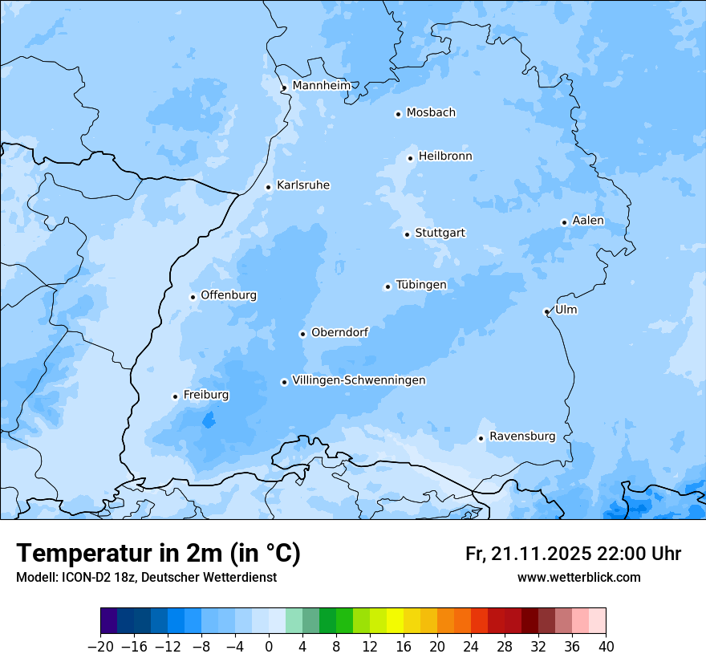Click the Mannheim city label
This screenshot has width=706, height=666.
coord(321,85)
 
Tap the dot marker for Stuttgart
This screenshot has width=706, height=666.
coord(407,234)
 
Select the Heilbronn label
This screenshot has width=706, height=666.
coord(445,156)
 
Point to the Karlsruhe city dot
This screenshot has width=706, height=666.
coord(269,187)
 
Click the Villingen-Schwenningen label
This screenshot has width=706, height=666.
coord(359,380)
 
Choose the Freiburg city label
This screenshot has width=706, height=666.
coord(205,395)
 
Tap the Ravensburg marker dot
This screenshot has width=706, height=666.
coord(481,438)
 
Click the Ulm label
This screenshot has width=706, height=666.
coord(566,310)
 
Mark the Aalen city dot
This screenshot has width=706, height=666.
coord(564,222)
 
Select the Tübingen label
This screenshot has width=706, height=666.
coord(421,285)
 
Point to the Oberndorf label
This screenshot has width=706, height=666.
coord(339,332)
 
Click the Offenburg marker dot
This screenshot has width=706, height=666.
coord(193,297)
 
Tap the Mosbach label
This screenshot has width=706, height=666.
coord(431,112)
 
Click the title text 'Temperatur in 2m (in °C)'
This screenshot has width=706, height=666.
coord(158,553)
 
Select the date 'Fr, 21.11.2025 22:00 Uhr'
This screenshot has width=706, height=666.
coord(573,554)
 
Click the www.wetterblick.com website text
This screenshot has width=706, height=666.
coord(578,577)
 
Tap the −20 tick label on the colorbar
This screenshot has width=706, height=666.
coord(100,647)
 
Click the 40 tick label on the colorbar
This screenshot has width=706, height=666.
coord(606,647)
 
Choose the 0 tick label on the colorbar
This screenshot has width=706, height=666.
coord(269,647)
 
